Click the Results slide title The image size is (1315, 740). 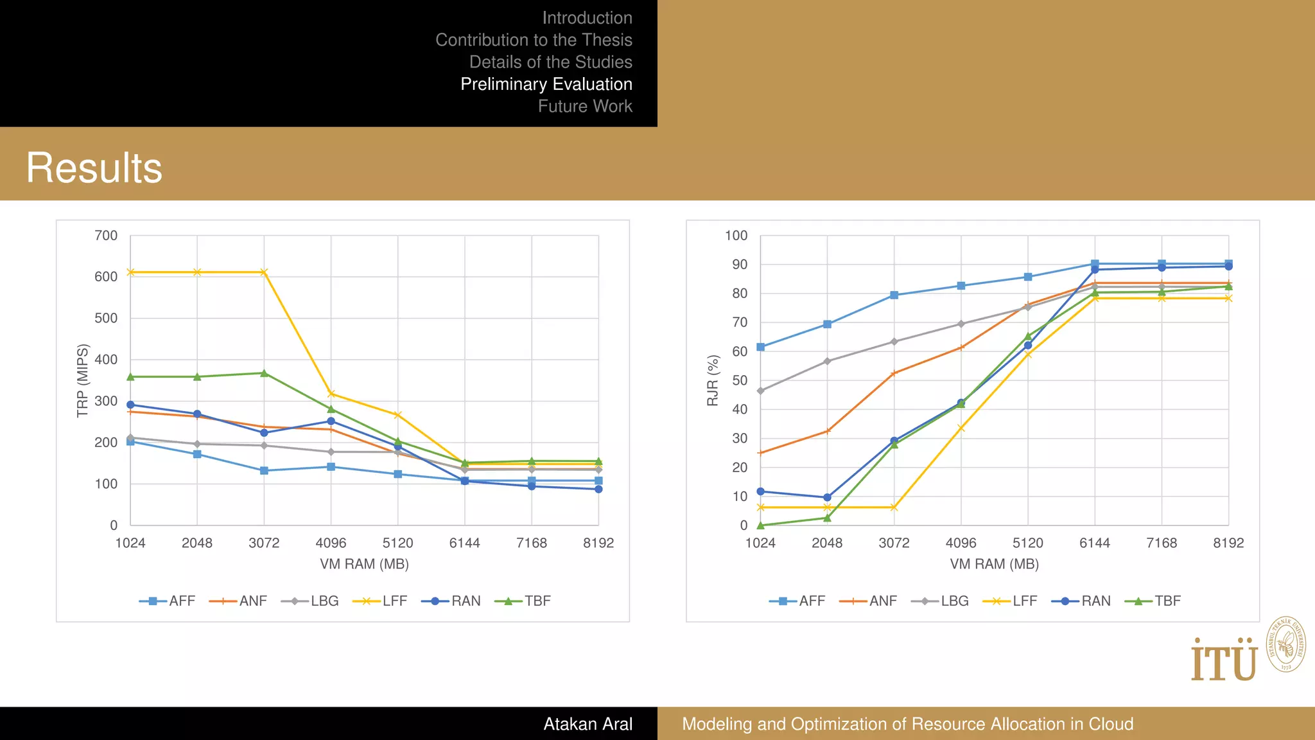click(x=94, y=168)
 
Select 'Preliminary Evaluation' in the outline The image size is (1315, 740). click(x=546, y=84)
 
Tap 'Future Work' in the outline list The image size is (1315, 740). click(x=584, y=106)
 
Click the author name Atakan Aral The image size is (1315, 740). click(x=588, y=724)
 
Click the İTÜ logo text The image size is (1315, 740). click(x=1223, y=661)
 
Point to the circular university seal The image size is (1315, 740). click(x=1285, y=644)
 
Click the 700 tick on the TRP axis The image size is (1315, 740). click(x=106, y=236)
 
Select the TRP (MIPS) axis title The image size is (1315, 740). click(x=82, y=380)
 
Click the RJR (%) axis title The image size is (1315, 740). click(x=712, y=380)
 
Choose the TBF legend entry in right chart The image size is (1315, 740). click(x=1153, y=601)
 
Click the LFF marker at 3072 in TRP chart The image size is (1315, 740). click(x=264, y=272)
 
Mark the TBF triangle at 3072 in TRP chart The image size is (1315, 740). click(x=264, y=373)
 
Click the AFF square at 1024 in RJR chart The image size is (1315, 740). click(x=760, y=347)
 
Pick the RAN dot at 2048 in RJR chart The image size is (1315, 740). click(x=827, y=497)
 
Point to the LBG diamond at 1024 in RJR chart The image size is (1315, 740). click(x=760, y=391)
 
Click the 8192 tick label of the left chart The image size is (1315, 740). click(x=598, y=543)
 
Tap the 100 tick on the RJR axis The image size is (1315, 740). click(x=736, y=236)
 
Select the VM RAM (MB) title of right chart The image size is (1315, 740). click(x=994, y=564)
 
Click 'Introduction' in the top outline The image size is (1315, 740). click(x=587, y=18)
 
